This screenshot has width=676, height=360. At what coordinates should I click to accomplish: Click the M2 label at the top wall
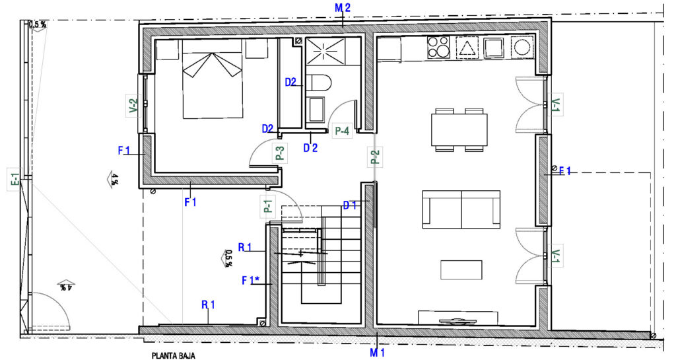click(343, 7)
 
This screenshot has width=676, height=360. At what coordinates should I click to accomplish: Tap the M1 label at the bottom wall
click(377, 353)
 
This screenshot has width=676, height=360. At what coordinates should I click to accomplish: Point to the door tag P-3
click(280, 153)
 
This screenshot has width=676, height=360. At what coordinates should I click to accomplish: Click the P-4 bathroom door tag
click(342, 131)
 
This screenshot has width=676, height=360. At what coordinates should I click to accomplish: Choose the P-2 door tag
click(375, 157)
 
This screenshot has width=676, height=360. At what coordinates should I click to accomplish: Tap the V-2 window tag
click(133, 106)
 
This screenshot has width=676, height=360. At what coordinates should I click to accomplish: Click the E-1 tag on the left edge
click(15, 181)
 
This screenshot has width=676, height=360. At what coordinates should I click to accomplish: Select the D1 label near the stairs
click(350, 205)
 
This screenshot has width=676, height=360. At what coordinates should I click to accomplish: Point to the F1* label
click(250, 281)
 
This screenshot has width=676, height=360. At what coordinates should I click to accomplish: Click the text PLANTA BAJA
click(174, 356)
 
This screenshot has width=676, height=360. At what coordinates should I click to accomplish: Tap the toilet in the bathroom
click(319, 83)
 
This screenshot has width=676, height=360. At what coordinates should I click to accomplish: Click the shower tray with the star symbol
click(325, 52)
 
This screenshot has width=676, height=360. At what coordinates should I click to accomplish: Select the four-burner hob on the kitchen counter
click(438, 48)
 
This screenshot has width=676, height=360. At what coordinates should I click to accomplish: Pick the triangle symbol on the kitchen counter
click(465, 48)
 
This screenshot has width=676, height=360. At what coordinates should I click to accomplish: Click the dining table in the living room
click(459, 129)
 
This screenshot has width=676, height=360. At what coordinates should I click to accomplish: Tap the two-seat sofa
click(461, 209)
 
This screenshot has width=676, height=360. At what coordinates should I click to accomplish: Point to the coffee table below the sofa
click(461, 270)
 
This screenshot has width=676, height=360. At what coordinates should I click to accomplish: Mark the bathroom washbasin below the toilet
click(317, 110)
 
